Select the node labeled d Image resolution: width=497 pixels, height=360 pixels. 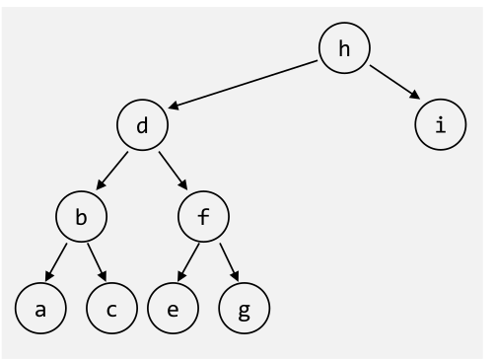[x=142, y=125]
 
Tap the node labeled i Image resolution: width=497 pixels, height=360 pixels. [x=440, y=125]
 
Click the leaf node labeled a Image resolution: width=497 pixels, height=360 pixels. [x=40, y=309]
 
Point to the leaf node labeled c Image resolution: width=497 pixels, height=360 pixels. [x=111, y=309]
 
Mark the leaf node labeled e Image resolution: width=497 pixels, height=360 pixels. [x=173, y=309]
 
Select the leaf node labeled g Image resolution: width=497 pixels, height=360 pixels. [x=244, y=309]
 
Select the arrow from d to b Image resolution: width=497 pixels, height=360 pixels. [x=112, y=171]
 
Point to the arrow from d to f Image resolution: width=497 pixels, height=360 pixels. [x=173, y=171]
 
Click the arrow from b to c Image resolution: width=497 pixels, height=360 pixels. [x=97, y=262]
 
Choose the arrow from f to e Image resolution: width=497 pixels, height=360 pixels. [x=188, y=262]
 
